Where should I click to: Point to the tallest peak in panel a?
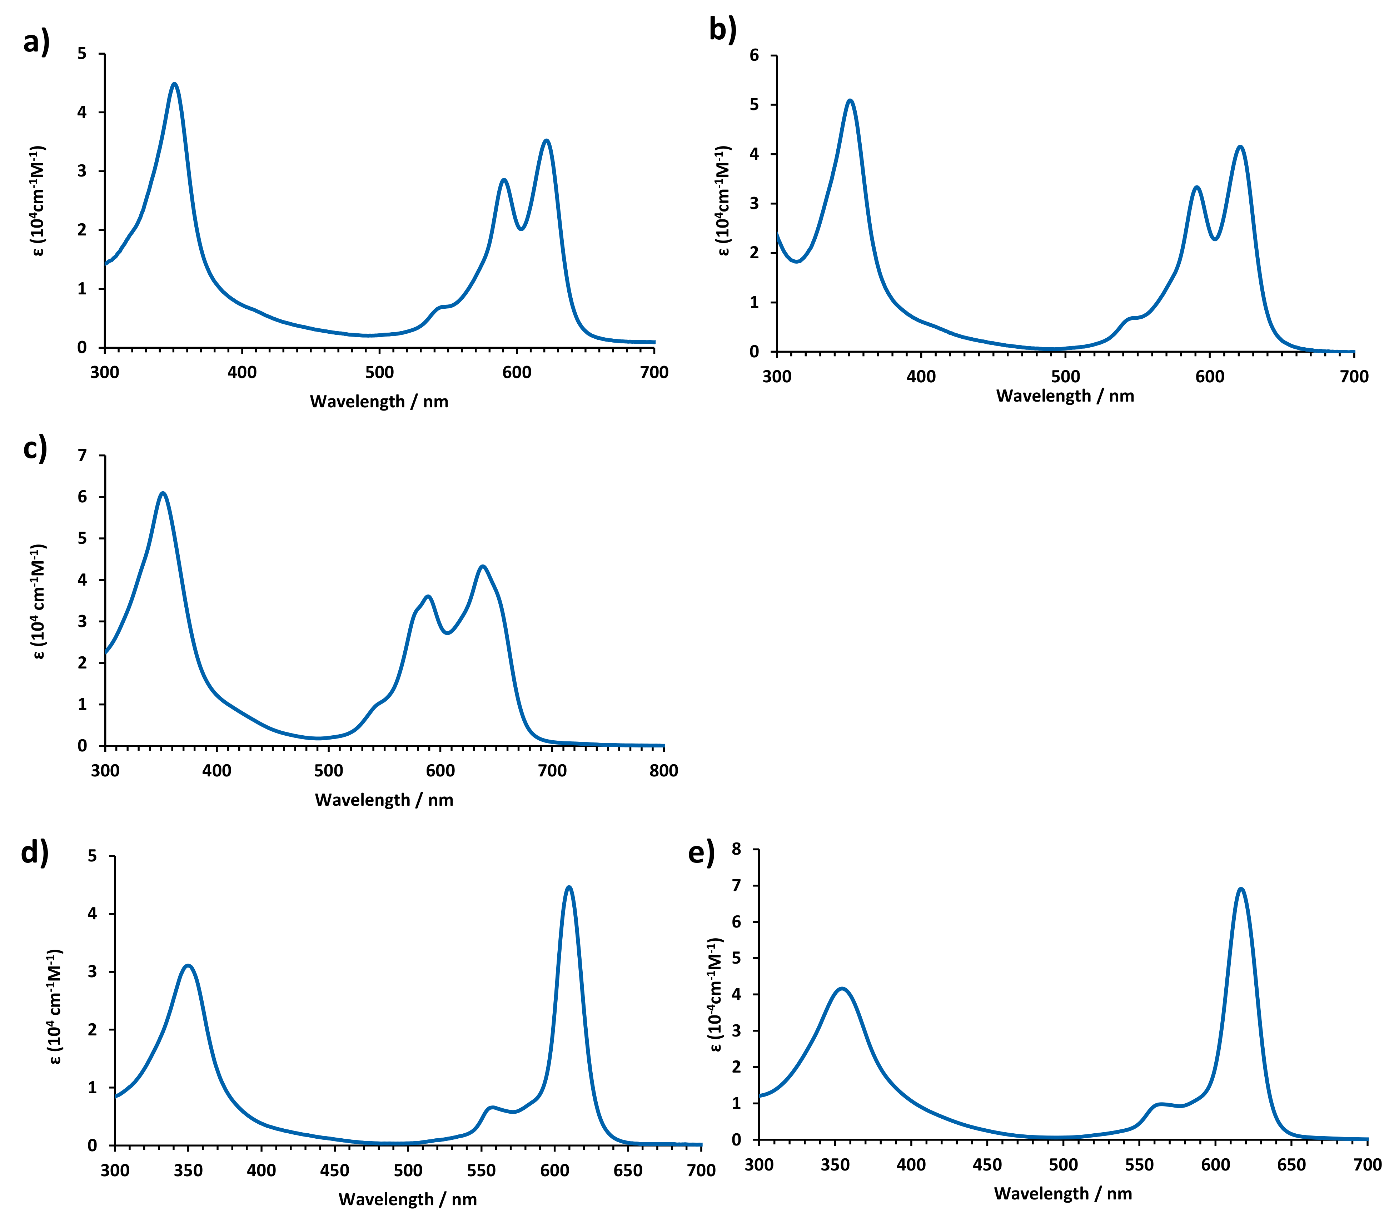coord(175,84)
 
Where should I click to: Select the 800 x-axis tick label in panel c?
coord(663,771)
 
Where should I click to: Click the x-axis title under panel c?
coord(384,800)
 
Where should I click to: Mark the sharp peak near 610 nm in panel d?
coord(569,888)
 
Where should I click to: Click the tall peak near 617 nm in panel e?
coord(1240,889)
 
